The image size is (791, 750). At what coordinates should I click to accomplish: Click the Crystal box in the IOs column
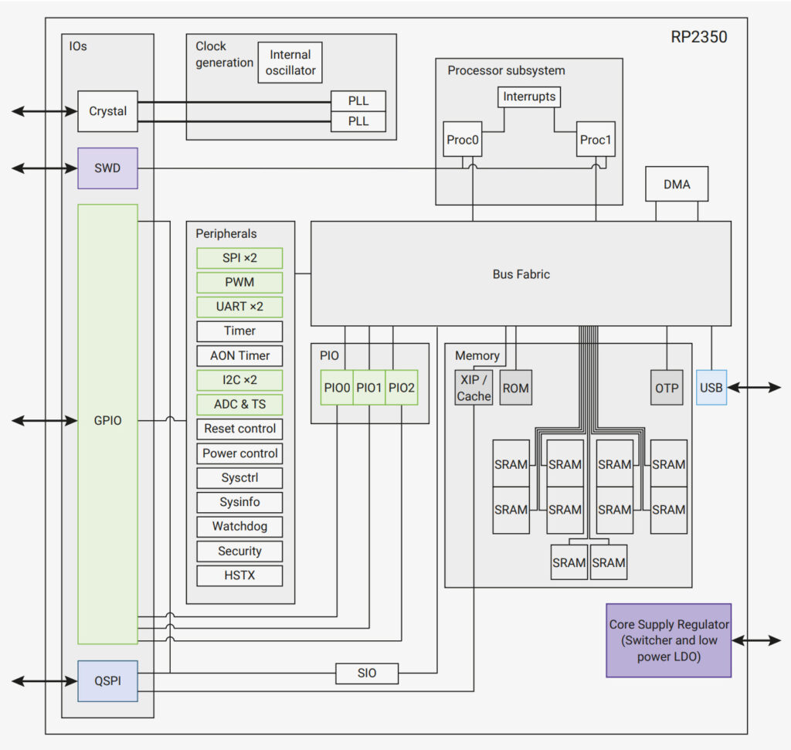107,111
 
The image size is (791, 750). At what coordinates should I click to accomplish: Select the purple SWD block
107,168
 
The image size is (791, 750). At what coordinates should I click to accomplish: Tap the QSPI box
107,681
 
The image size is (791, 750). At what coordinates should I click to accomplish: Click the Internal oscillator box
290,63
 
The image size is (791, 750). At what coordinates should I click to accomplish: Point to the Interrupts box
528,97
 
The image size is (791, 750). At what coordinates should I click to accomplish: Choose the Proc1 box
596,140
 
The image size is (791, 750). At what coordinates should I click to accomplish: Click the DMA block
677,185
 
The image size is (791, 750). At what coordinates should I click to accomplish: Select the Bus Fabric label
521,274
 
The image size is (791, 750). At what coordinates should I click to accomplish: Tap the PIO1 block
369,388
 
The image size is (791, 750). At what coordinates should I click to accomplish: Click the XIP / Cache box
474,388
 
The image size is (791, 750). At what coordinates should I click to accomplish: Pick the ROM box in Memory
515,388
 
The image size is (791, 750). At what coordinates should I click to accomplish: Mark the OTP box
667,388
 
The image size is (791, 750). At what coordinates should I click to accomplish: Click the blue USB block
711,388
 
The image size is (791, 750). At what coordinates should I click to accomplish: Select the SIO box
367,674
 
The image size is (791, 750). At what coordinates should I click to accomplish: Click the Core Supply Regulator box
668,640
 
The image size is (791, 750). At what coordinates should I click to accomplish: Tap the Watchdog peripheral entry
239,527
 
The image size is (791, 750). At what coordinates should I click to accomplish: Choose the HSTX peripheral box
239,575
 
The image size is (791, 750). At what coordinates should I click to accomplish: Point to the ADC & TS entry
239,404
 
